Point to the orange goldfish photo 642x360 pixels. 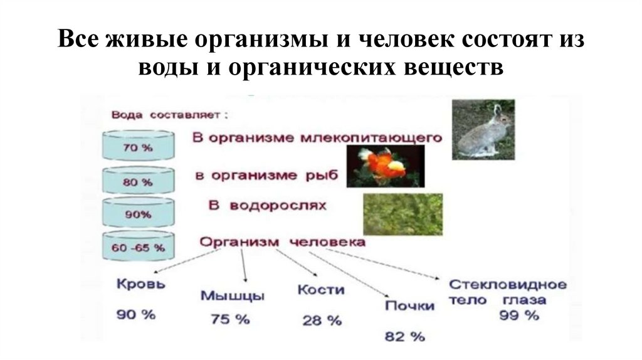coord(386,166)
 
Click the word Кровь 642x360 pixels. coord(142,284)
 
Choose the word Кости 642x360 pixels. coord(321,290)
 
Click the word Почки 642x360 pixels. coord(409,305)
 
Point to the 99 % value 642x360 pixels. coord(519,315)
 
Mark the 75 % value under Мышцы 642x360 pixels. coord(229,319)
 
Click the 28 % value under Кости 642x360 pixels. coord(322,320)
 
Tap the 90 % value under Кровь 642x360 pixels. coord(135,315)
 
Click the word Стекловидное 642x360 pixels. coord(508,285)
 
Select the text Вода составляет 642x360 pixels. coord(169,116)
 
